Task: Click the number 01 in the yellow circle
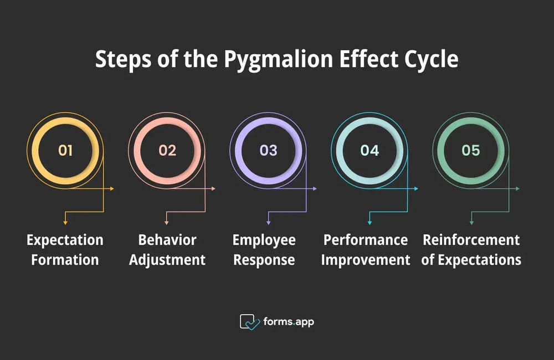pyautogui.click(x=65, y=151)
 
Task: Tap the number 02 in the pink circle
pyautogui.click(x=167, y=151)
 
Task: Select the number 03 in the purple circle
pyautogui.click(x=269, y=151)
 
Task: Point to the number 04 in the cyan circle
pyautogui.click(x=370, y=151)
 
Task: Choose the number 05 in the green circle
pyautogui.click(x=470, y=151)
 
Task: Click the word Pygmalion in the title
pyautogui.click(x=279, y=60)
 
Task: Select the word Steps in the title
pyautogui.click(x=124, y=60)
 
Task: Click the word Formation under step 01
pyautogui.click(x=65, y=260)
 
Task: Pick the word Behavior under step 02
pyautogui.click(x=167, y=240)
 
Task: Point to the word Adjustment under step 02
pyautogui.click(x=167, y=260)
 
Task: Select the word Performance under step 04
pyautogui.click(x=366, y=240)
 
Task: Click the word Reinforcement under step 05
pyautogui.click(x=471, y=240)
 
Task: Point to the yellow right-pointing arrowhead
pyautogui.click(x=112, y=189)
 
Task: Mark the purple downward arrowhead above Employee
pyautogui.click(x=269, y=223)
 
